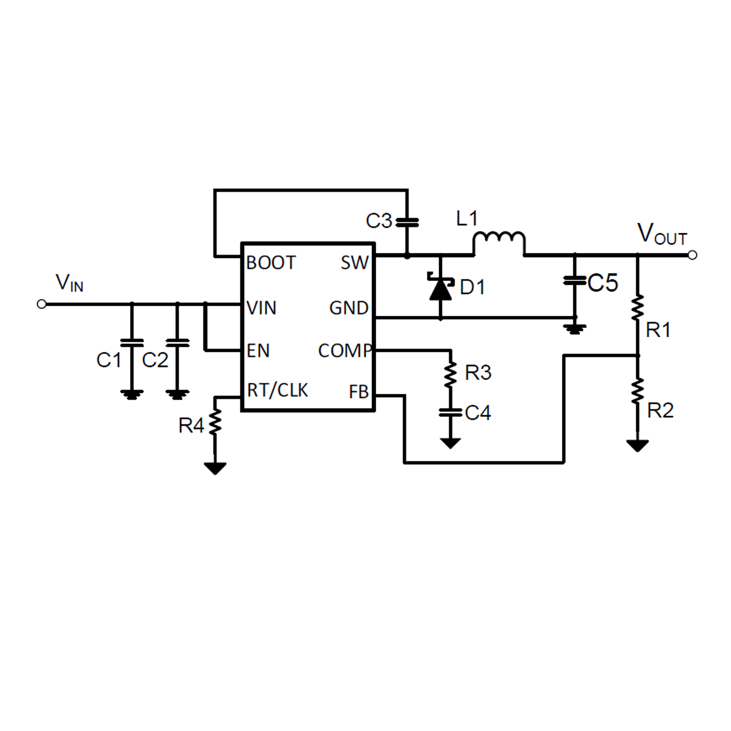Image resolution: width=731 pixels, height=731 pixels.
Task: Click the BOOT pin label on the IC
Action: click(x=271, y=262)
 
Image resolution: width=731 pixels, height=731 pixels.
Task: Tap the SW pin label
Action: click(x=355, y=262)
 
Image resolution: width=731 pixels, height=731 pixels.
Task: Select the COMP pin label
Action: click(x=345, y=351)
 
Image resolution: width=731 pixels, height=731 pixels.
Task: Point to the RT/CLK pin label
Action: click(x=278, y=391)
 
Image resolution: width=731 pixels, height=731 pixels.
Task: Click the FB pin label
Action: click(x=359, y=392)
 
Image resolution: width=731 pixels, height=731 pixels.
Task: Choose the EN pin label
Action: click(x=258, y=351)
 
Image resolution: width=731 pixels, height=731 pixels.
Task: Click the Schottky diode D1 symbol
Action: click(x=441, y=288)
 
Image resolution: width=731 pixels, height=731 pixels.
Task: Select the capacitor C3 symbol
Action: click(x=407, y=222)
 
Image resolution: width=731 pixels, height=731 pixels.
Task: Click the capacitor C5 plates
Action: click(x=575, y=281)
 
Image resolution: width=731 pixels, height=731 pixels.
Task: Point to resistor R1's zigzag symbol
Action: click(x=637, y=307)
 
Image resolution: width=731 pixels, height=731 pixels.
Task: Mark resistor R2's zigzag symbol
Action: click(x=637, y=391)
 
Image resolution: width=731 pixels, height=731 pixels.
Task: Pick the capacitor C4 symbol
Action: click(x=450, y=412)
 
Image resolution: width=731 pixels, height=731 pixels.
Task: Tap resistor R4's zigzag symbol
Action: click(x=215, y=421)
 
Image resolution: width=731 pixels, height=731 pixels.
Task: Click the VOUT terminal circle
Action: click(x=692, y=255)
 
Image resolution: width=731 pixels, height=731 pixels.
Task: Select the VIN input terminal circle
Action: click(x=42, y=304)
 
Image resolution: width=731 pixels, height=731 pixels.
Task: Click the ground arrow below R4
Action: click(x=215, y=469)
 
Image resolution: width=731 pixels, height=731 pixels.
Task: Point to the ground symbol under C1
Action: click(x=132, y=394)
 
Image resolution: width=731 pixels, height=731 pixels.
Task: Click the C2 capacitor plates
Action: click(x=178, y=342)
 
